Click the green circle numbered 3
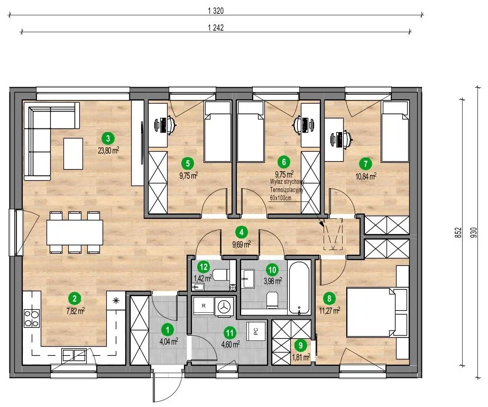point(108,138)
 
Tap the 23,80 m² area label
point(108,151)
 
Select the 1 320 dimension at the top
point(216,11)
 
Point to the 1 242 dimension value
point(216,27)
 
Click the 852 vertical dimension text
point(458,233)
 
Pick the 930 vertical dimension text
point(474,233)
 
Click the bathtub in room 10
point(299,288)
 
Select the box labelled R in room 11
point(204,306)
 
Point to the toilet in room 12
point(223,275)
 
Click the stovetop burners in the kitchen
point(32,319)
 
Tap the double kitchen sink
point(74,355)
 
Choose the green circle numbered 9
point(300,345)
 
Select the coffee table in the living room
point(73,154)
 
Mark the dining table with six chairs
point(75,232)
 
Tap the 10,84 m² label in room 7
point(366,177)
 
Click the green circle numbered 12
point(204,267)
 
